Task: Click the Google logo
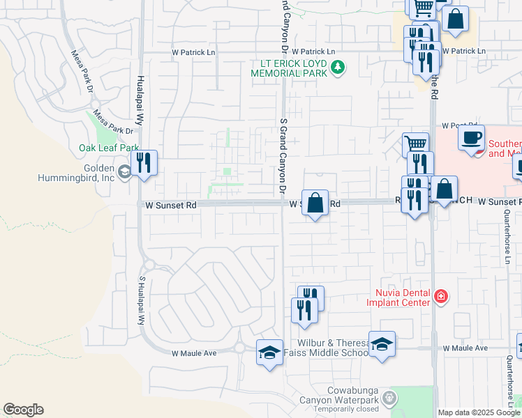click(x=23, y=410)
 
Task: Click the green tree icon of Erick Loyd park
click(x=338, y=68)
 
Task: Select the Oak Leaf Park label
click(x=109, y=148)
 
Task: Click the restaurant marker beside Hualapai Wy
click(x=144, y=164)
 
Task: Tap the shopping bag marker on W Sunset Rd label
click(x=315, y=203)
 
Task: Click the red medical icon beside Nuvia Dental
click(x=440, y=297)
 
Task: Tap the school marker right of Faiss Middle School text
click(x=382, y=344)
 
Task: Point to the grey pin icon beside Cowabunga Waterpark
click(x=389, y=398)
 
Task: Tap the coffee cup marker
click(x=472, y=137)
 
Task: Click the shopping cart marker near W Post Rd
click(x=415, y=145)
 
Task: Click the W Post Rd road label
click(x=458, y=125)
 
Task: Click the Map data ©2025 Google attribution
click(x=479, y=412)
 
